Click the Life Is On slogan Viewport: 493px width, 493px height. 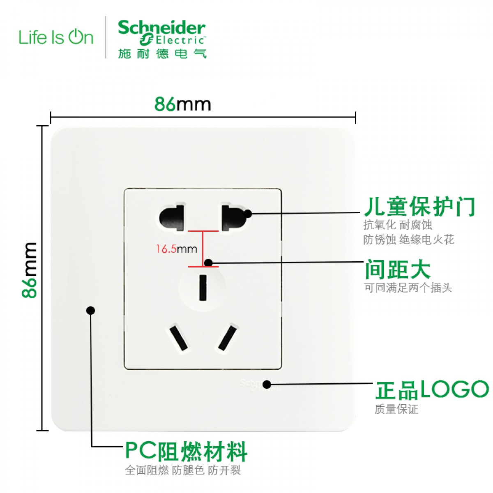click(x=56, y=37)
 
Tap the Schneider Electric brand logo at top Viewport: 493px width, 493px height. click(x=161, y=33)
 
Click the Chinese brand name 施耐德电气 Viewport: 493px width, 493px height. click(x=162, y=54)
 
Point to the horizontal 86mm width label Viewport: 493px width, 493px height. click(x=183, y=104)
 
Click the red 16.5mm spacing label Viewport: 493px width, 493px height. click(x=176, y=249)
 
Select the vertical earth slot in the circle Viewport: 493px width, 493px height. click(x=203, y=287)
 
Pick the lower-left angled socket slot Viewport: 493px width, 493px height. click(x=177, y=338)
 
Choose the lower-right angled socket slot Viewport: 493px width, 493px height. click(x=228, y=338)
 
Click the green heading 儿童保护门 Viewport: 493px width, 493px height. click(x=419, y=207)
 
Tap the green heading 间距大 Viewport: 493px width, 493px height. click(x=398, y=270)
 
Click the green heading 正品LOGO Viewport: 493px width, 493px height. click(x=432, y=389)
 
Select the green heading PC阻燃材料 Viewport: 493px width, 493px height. click(x=186, y=452)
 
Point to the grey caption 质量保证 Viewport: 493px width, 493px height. click(x=396, y=409)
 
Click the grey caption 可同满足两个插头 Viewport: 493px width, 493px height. click(x=408, y=288)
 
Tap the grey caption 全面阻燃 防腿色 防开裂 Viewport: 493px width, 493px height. click(x=183, y=470)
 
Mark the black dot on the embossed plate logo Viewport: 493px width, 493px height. click(x=267, y=385)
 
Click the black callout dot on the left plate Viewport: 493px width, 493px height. click(x=91, y=310)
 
